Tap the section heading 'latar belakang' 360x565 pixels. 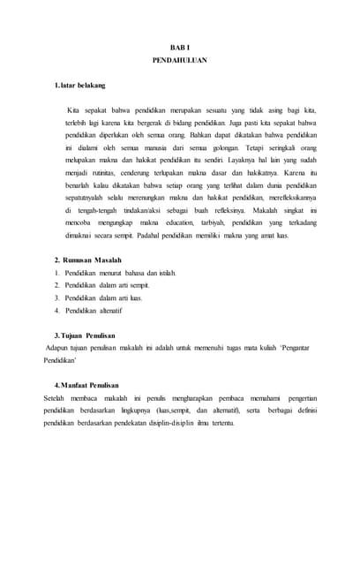coord(83,85)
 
